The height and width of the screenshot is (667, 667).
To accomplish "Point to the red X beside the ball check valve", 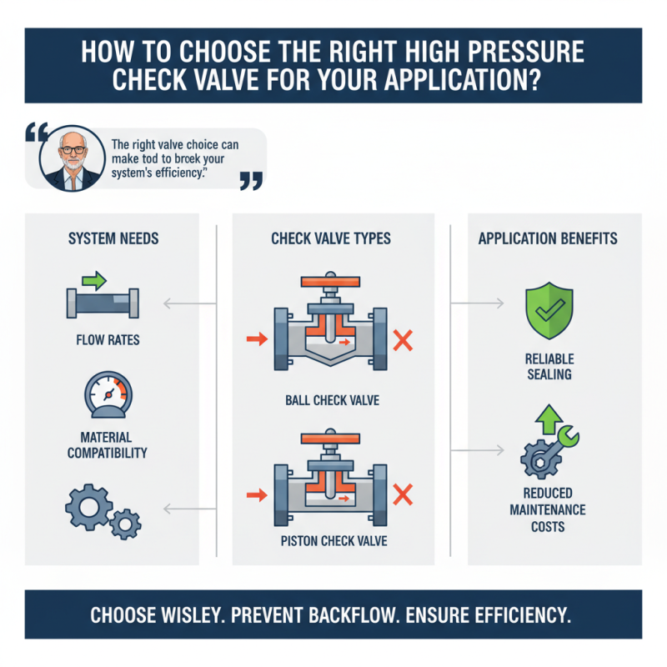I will tap(404, 339).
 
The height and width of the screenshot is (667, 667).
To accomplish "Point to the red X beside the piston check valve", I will tap(404, 496).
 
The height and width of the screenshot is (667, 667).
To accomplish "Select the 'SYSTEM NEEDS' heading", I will tap(113, 239).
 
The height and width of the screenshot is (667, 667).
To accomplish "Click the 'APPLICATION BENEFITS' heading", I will tap(548, 239).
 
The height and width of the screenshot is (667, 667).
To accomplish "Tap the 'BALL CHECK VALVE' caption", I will tap(332, 401).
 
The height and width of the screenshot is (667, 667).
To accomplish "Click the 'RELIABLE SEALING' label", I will tap(549, 366).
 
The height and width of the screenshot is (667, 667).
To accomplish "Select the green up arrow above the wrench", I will tap(547, 419).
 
